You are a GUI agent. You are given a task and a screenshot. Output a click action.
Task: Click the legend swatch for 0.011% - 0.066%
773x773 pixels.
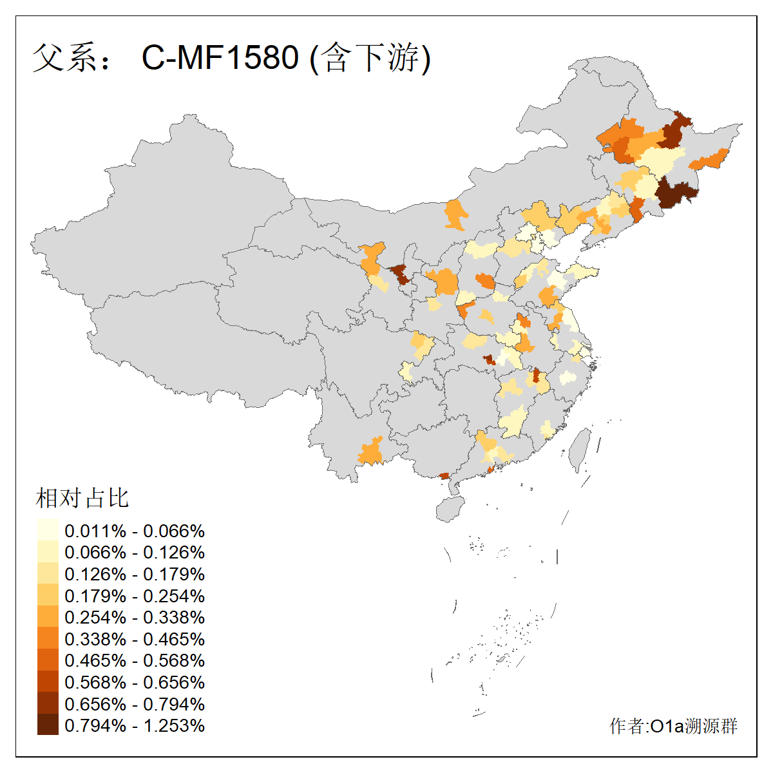coord(48,530)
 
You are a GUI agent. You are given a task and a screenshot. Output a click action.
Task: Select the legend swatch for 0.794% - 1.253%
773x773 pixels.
coord(48,725)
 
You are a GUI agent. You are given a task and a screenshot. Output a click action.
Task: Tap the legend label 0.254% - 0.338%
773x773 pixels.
coord(135,617)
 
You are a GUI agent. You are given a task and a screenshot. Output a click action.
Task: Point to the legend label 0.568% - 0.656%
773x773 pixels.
coord(135,682)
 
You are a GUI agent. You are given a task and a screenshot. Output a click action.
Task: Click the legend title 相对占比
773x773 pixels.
coord(82,498)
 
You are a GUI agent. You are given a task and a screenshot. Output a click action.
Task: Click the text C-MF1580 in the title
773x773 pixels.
coord(220,57)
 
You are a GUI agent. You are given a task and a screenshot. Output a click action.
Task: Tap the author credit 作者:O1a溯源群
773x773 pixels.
coord(673,726)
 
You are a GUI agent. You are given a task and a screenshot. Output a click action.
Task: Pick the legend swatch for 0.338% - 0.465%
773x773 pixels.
coord(48,638)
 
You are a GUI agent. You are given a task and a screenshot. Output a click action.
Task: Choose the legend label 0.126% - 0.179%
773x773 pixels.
coord(135,574)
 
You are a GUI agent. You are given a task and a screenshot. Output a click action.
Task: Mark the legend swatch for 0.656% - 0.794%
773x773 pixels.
coord(48,703)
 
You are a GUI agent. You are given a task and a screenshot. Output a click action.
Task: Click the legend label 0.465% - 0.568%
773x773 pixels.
coord(135,660)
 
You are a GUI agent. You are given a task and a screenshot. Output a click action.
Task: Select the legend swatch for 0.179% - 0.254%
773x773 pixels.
coord(48,595)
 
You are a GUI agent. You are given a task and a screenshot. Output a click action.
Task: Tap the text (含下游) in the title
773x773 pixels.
coord(370,57)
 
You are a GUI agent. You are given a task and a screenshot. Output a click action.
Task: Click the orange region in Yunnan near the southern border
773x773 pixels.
coord(371,452)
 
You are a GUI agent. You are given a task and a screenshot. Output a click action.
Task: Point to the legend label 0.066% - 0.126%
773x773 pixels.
coord(135,552)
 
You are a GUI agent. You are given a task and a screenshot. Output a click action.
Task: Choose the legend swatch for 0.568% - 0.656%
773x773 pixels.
coord(48,682)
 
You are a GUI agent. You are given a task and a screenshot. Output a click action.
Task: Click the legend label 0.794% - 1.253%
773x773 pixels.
coord(135,725)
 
